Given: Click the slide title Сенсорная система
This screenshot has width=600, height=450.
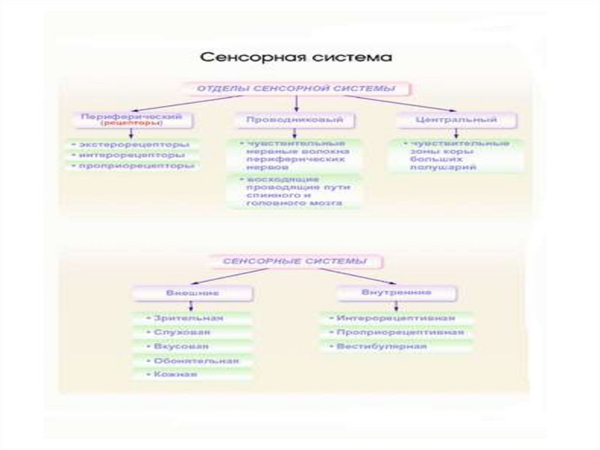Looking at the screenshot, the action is click(x=296, y=57).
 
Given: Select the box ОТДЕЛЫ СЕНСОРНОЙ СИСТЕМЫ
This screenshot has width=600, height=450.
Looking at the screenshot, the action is click(x=296, y=89).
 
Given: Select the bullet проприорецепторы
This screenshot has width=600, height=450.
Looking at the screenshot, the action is click(x=132, y=167).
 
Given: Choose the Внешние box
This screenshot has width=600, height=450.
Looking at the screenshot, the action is click(x=193, y=292).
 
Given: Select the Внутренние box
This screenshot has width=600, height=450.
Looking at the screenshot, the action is click(x=397, y=292).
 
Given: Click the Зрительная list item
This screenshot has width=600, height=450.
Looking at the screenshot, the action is click(x=189, y=318).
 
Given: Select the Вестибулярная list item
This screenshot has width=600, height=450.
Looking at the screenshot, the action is click(x=381, y=347).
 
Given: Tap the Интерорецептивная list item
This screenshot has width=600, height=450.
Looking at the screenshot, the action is click(x=396, y=318).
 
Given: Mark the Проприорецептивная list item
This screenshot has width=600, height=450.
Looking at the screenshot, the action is click(x=400, y=333).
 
